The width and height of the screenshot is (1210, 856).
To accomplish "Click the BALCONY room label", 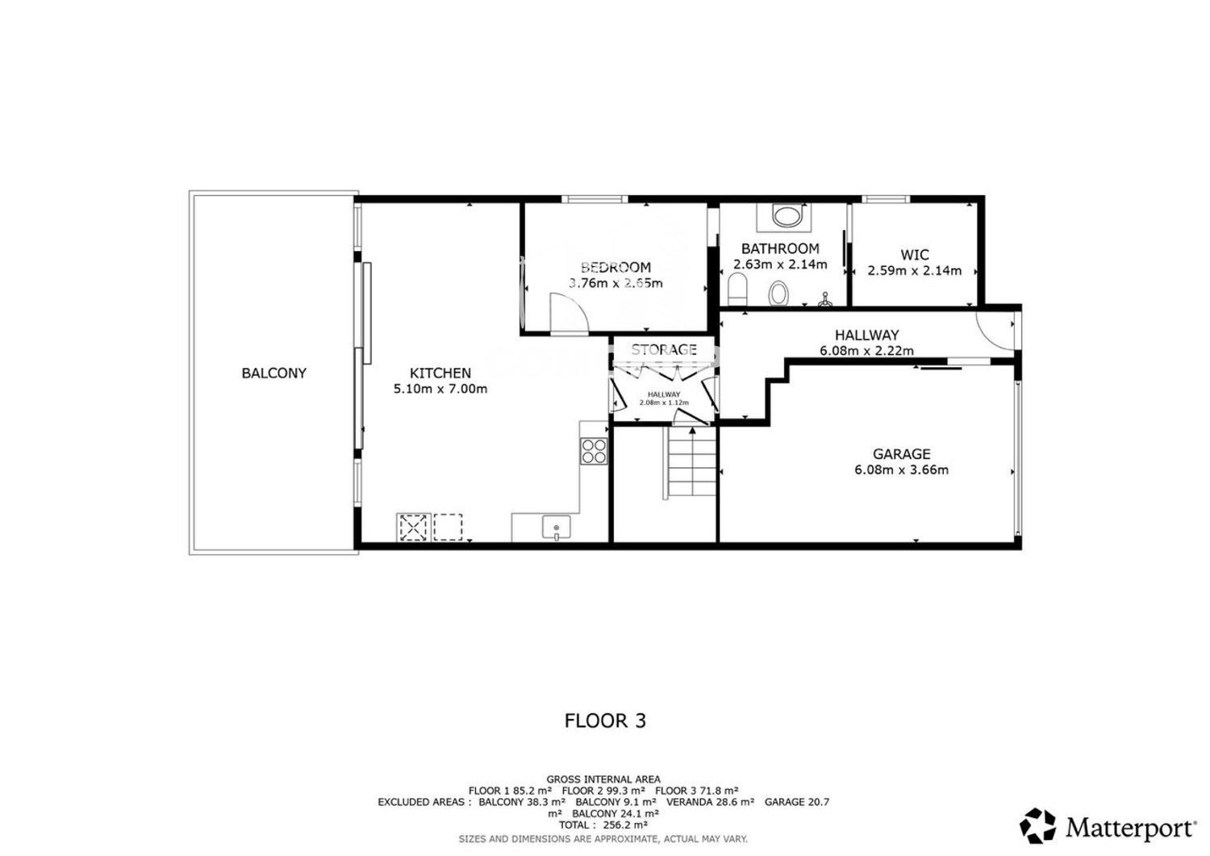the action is pos(274,373).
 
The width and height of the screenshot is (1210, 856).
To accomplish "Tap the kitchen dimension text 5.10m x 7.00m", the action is pos(440,389).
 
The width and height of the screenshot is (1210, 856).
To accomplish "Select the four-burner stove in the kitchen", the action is pos(594,451).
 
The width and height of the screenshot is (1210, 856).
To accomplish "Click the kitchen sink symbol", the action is pos(557,528).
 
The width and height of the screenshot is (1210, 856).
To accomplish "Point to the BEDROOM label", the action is pos(615,267).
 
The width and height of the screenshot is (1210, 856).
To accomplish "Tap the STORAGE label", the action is pos(664,349).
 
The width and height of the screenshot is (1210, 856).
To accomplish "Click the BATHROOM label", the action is pos(780,248).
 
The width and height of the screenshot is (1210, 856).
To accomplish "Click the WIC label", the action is pos(915,254).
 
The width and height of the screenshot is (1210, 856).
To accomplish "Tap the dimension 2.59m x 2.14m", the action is pos(915,270).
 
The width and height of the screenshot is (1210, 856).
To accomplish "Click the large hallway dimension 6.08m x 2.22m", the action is pos(867,350).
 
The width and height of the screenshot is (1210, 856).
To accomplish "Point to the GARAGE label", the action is pos(902,454).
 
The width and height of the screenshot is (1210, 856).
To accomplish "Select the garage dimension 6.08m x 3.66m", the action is pos(902,470).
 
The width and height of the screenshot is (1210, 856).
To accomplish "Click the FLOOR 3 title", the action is pos(605,721).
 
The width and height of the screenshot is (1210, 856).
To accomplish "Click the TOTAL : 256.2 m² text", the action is pos(603,825).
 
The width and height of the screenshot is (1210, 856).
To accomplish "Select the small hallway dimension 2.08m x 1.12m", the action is pos(664,403).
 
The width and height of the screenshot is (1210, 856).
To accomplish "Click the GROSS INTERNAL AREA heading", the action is pos(603,779).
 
